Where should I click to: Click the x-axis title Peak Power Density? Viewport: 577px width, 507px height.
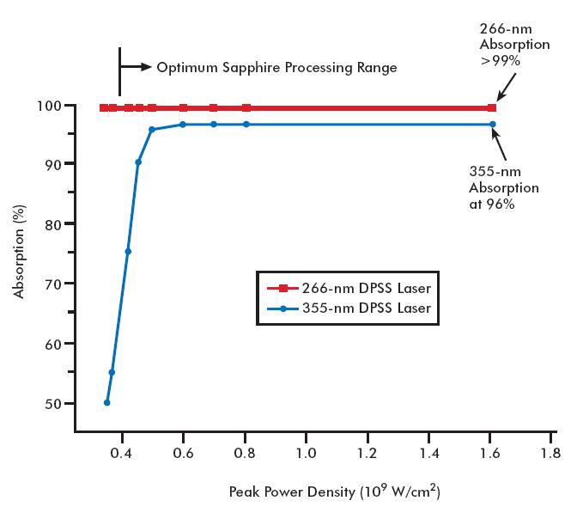[335, 492]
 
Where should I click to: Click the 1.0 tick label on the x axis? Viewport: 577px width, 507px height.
[306, 453]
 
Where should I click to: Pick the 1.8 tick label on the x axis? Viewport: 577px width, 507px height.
[550, 453]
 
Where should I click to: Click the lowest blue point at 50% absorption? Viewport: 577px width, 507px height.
[107, 402]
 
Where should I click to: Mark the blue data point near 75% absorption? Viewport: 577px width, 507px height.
[128, 252]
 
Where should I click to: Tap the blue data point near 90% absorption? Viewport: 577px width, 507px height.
[138, 162]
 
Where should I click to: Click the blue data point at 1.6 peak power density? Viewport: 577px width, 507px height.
[493, 125]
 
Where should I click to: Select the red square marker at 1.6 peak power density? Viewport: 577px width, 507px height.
[492, 107]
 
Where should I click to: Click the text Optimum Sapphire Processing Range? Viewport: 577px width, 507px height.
[276, 67]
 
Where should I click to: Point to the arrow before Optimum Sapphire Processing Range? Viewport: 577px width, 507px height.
[136, 66]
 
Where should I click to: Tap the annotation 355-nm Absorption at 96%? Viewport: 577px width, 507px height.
[504, 187]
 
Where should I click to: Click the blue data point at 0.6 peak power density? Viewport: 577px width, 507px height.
[183, 125]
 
